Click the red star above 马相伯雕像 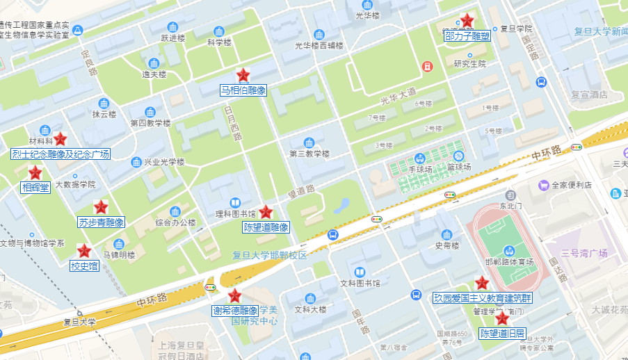tap(243, 75)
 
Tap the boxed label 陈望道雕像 tap(266, 227)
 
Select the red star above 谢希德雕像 tap(235, 296)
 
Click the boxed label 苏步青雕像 tap(101, 222)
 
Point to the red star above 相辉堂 tap(35, 173)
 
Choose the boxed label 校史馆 tap(84, 265)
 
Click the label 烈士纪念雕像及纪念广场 tap(61, 154)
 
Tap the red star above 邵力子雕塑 tap(467, 21)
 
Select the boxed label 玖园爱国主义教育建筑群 tap(482, 298)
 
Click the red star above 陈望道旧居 tap(501, 318)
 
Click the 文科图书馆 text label tap(360, 284)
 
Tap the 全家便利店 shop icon tap(543, 185)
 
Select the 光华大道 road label tap(398, 92)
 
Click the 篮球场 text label tap(459, 167)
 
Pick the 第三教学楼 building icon tap(309, 142)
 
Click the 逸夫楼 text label tap(154, 74)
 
